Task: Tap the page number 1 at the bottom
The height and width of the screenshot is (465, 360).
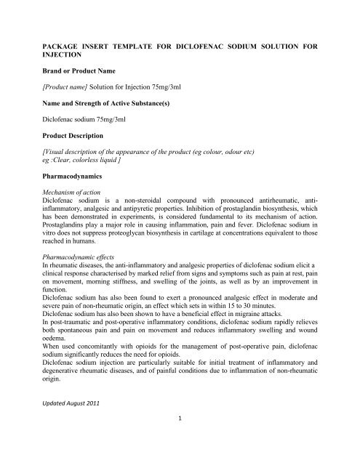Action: tap(179, 458)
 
